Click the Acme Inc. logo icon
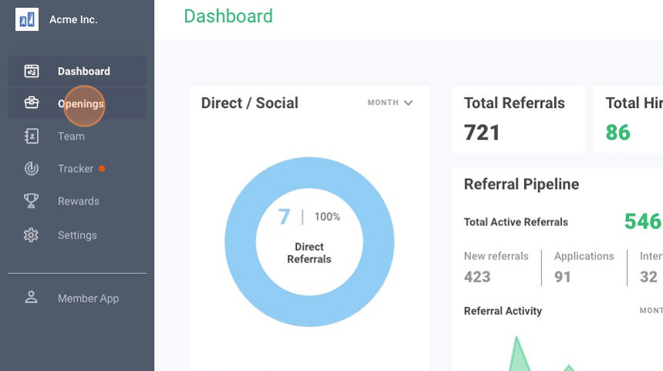tap(27, 19)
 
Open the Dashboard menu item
tap(83, 71)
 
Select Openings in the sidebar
tap(81, 104)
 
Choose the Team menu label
tap(71, 137)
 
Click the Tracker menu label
tap(76, 169)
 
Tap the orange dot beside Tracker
tap(102, 168)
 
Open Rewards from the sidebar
tap(78, 201)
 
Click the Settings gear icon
tap(31, 235)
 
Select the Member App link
tap(88, 298)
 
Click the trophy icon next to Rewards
tap(31, 201)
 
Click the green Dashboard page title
tap(228, 16)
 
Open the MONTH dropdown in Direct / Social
tap(390, 103)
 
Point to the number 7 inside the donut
tap(284, 217)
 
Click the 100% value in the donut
tap(327, 217)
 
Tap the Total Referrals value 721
tap(482, 133)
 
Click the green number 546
tap(642, 222)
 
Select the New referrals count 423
tap(477, 276)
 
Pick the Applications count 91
tap(563, 276)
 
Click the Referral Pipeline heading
tap(521, 184)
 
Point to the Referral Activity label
tap(503, 311)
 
